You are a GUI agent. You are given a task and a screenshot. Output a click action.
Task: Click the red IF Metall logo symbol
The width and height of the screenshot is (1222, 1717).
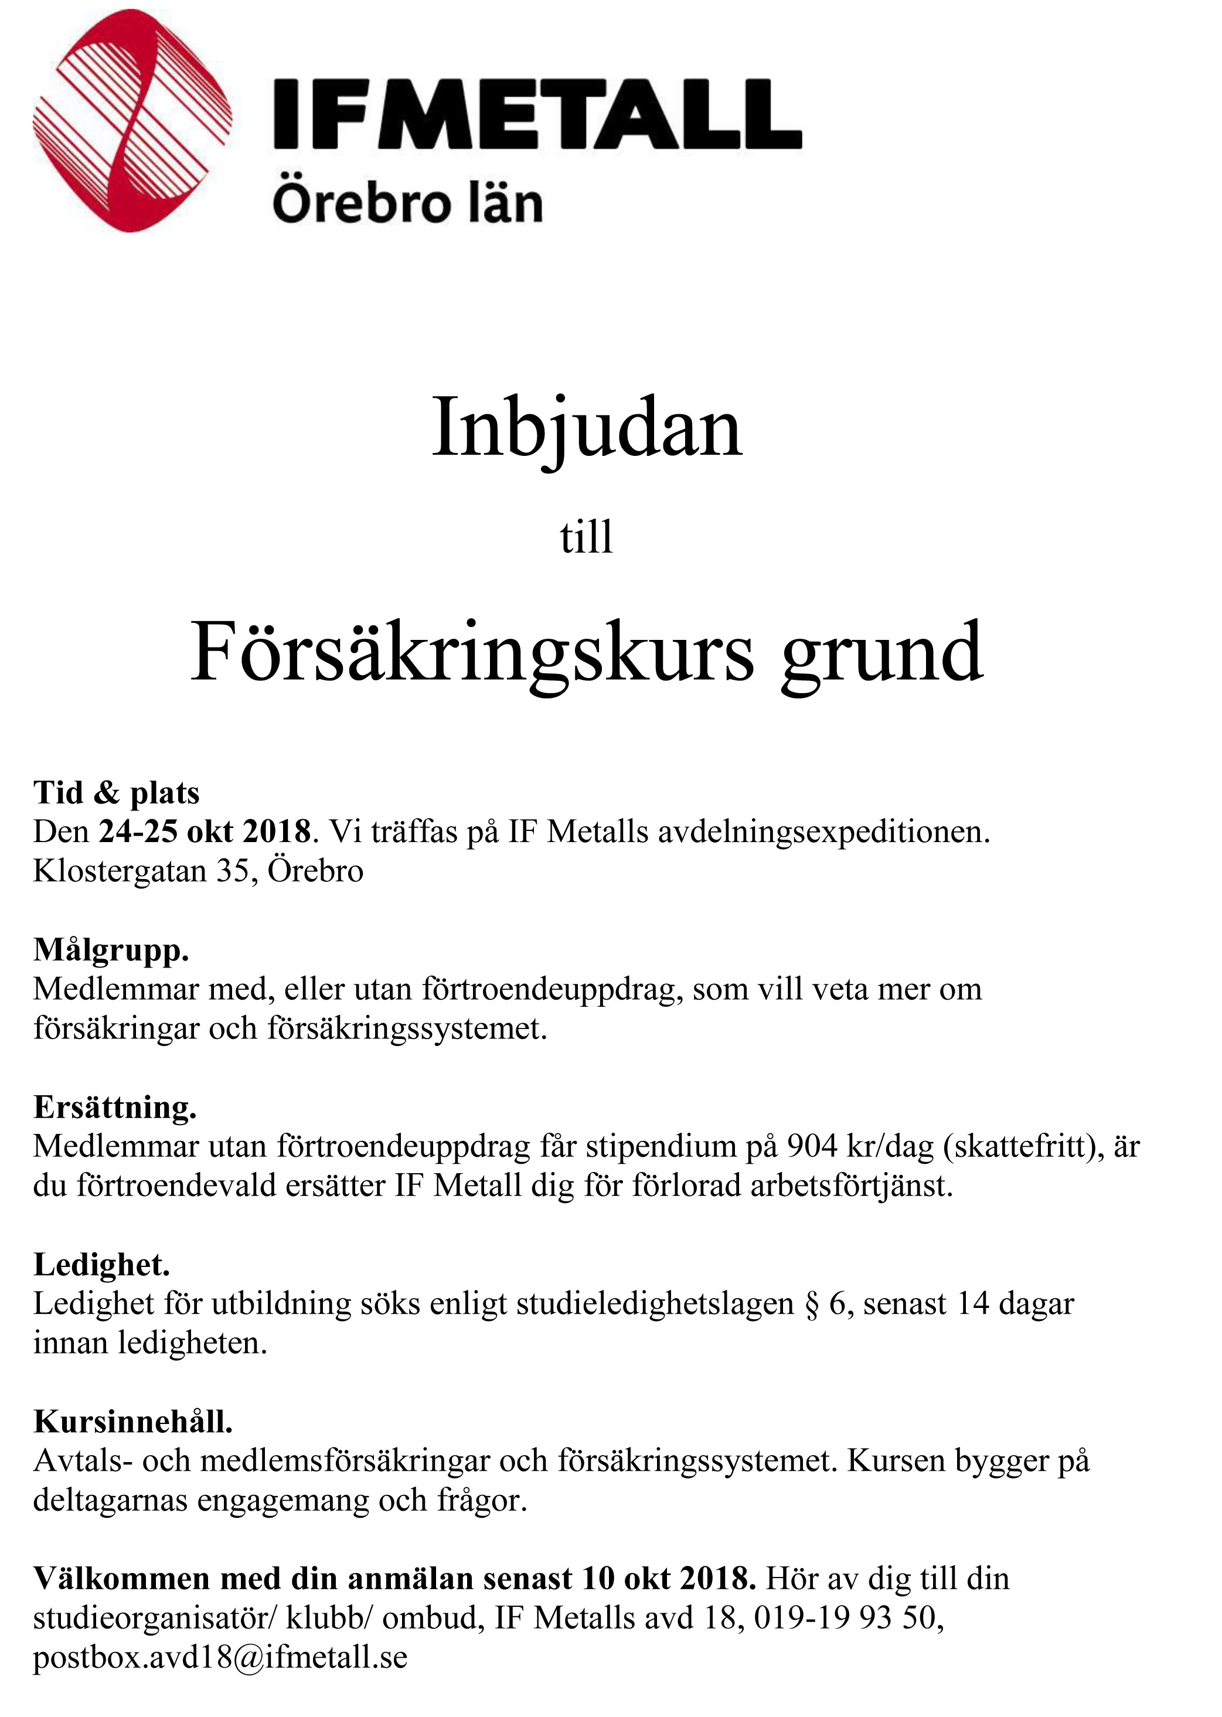click(132, 120)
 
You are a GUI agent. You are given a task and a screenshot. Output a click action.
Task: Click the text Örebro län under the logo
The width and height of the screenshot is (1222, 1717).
click(407, 203)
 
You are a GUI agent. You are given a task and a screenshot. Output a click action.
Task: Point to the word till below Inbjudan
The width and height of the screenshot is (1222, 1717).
click(586, 537)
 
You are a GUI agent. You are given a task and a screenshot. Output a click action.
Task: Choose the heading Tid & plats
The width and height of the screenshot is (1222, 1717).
click(117, 792)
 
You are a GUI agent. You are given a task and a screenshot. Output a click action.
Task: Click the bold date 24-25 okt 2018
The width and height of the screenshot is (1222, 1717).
click(205, 832)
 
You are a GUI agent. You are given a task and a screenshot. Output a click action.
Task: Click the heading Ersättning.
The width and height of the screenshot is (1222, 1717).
click(114, 1107)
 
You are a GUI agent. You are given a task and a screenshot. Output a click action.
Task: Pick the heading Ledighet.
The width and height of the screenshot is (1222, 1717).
click(101, 1264)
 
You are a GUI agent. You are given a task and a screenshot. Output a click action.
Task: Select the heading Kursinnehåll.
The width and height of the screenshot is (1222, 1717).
click(133, 1421)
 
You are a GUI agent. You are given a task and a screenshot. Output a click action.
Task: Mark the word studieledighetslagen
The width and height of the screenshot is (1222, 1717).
click(655, 1304)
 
